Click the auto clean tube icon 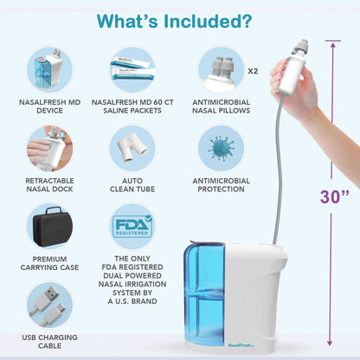point(132,148)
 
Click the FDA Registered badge point(132,227)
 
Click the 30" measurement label point(333,196)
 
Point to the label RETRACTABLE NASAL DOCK point(50,185)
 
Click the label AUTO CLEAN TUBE point(132,185)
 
